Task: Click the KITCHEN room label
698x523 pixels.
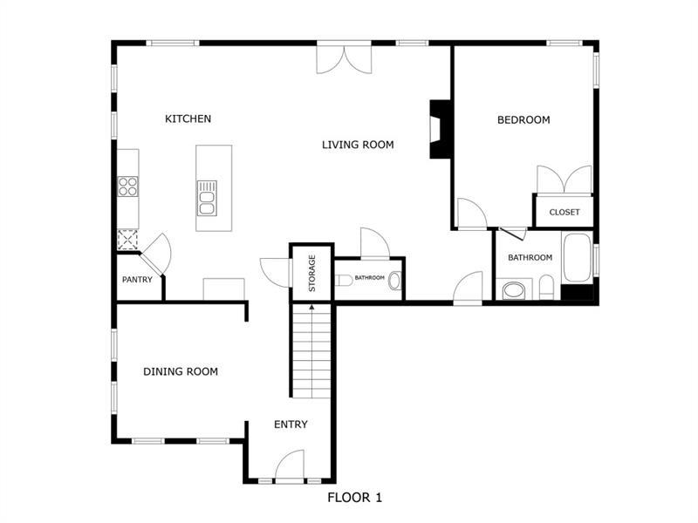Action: click(188, 119)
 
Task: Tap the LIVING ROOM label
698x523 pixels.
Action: click(358, 145)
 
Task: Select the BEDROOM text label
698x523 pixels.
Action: click(523, 119)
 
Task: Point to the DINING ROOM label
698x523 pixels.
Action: click(181, 371)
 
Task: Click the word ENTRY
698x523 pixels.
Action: click(291, 425)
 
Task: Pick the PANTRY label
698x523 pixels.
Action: click(137, 280)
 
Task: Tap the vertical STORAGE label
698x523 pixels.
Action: click(312, 273)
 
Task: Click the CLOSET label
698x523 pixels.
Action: click(565, 212)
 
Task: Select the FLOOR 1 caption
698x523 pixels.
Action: click(355, 497)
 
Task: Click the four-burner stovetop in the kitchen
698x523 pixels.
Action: click(127, 187)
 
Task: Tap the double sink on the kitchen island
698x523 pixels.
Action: click(207, 199)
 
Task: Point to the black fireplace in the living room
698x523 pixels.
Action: click(440, 129)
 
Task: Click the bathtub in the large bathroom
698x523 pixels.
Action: click(578, 257)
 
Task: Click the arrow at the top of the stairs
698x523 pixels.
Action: click(311, 308)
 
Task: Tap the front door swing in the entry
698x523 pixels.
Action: click(290, 466)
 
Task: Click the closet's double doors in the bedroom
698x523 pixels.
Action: click(565, 180)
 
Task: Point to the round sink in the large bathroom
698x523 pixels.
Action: click(514, 291)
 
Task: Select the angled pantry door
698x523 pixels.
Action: click(155, 255)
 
